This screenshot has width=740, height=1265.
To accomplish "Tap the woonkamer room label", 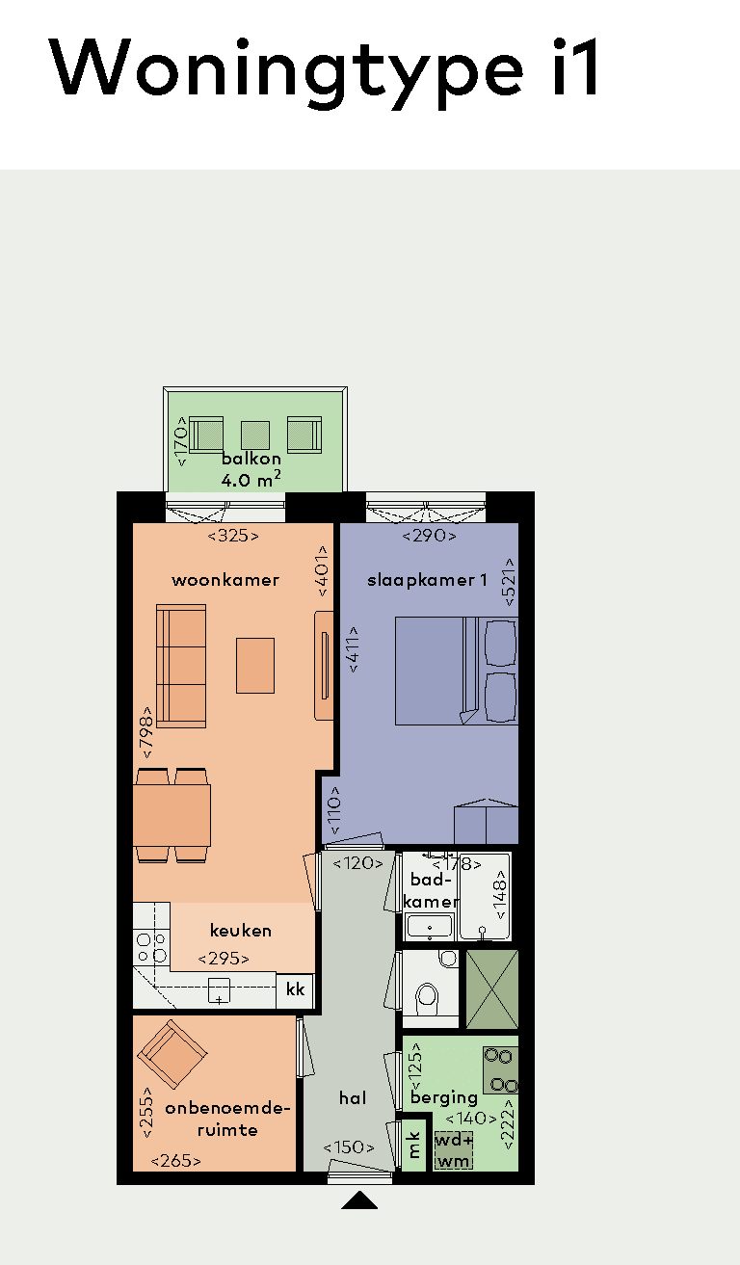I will click(225, 580).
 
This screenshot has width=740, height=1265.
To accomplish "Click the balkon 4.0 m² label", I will click(251, 469).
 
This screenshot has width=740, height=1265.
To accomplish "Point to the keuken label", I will click(241, 931).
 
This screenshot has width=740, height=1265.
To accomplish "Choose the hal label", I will click(353, 1097).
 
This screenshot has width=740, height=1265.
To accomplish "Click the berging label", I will click(444, 1097).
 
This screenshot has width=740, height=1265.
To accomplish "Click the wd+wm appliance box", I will click(454, 1150).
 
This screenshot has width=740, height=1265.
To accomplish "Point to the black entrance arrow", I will click(359, 1199).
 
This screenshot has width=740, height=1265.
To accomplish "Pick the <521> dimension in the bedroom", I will click(509, 582).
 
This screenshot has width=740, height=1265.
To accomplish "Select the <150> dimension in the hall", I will click(348, 1147).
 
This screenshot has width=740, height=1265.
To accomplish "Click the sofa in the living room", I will click(181, 666).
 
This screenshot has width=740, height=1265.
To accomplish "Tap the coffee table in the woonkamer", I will click(255, 666).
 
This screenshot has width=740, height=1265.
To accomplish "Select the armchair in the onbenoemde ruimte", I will click(172, 1054).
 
